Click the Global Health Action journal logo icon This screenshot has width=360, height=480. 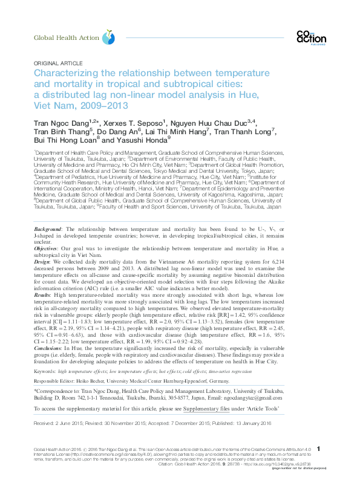point(108,37)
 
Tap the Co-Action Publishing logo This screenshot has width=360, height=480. point(311,37)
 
